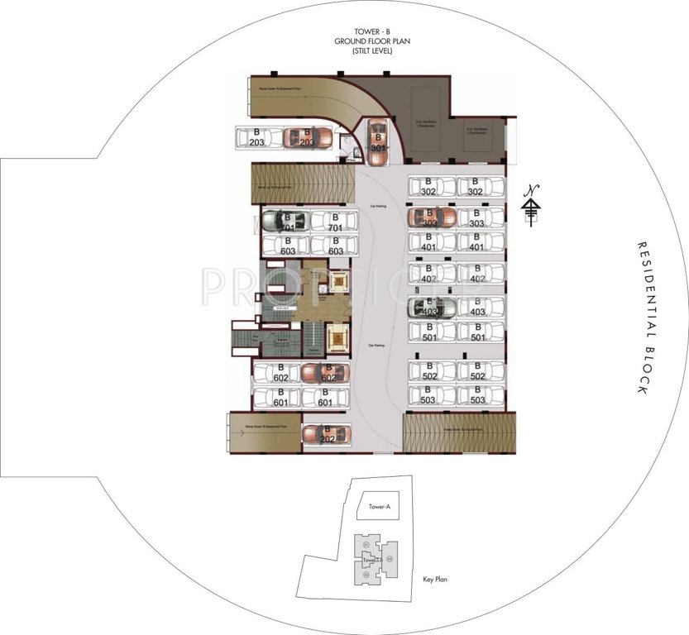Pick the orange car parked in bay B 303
click(x=431, y=217)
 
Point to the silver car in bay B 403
click(x=431, y=308)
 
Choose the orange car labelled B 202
click(x=326, y=434)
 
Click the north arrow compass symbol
click(x=532, y=204)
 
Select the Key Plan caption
click(x=434, y=580)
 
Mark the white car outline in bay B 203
click(x=258, y=138)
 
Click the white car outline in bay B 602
click(x=278, y=373)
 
